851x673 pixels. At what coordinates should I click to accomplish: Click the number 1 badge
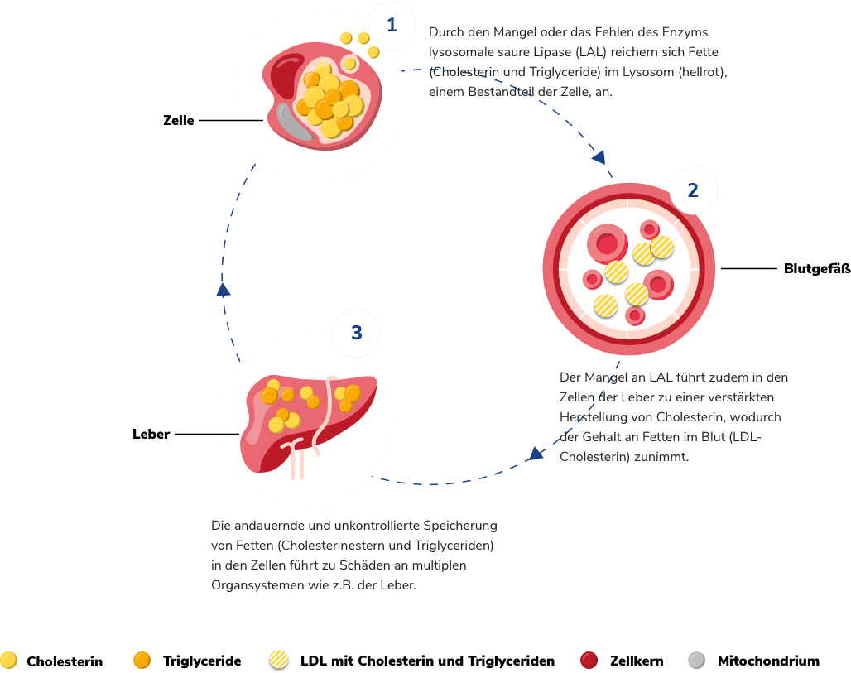tap(392, 25)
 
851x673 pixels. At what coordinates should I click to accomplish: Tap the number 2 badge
tap(693, 190)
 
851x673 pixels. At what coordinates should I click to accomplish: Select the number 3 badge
tap(357, 333)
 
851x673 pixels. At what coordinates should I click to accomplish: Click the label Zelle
tap(178, 120)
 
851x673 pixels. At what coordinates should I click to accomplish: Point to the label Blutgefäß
tap(817, 268)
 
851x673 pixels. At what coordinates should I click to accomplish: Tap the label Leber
tap(151, 434)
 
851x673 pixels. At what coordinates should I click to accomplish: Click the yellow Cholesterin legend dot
tap(9, 660)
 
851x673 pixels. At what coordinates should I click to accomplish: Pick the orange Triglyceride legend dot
tap(142, 660)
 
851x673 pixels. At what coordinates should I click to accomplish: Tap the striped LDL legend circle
tap(279, 660)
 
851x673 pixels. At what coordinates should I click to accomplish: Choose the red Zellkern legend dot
tap(589, 660)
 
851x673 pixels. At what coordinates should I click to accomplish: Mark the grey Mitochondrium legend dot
tap(697, 660)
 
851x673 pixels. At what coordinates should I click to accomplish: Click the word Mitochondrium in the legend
tap(768, 661)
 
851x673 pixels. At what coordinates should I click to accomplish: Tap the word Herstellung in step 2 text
tap(594, 416)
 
